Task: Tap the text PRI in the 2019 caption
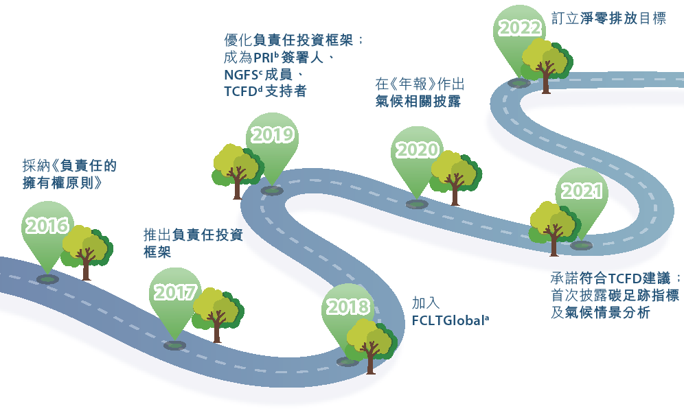pos(264,58)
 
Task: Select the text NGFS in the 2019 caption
pos(241,75)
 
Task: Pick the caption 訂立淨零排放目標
pos(608,19)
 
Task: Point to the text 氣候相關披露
pos(418,101)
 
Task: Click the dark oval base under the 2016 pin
pos(47,279)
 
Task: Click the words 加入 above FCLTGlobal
pos(426,303)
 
